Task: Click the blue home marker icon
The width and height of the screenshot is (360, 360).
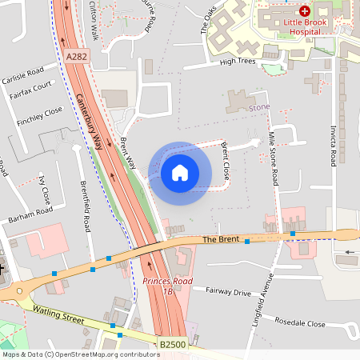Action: (x=179, y=172)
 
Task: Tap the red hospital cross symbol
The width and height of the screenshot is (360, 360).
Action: (x=306, y=11)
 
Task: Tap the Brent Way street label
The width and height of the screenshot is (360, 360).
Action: (x=127, y=151)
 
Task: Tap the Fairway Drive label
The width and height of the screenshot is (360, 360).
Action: (x=228, y=292)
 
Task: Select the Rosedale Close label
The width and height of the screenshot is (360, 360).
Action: (x=299, y=324)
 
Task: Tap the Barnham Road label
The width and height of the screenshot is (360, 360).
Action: (x=30, y=214)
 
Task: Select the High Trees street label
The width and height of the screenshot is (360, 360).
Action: (x=237, y=61)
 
